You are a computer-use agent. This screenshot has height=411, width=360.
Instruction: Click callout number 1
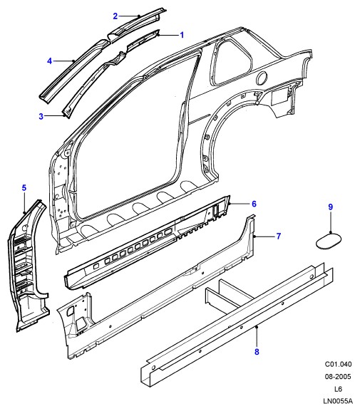coord(182,35)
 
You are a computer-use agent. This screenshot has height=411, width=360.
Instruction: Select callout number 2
coord(115,16)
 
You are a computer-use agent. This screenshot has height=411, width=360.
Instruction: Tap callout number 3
coord(41,116)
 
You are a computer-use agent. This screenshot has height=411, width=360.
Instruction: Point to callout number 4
coord(49,61)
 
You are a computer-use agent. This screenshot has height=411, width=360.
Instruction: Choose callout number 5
coord(24,187)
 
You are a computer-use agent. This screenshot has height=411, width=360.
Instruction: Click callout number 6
coord(254,204)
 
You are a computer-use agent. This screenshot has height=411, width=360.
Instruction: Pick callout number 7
coord(279,236)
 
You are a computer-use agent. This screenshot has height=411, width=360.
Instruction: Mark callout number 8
coord(257,352)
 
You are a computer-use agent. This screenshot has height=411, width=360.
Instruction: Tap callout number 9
coord(330,207)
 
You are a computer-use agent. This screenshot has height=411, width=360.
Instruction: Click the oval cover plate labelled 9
coord(329,241)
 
